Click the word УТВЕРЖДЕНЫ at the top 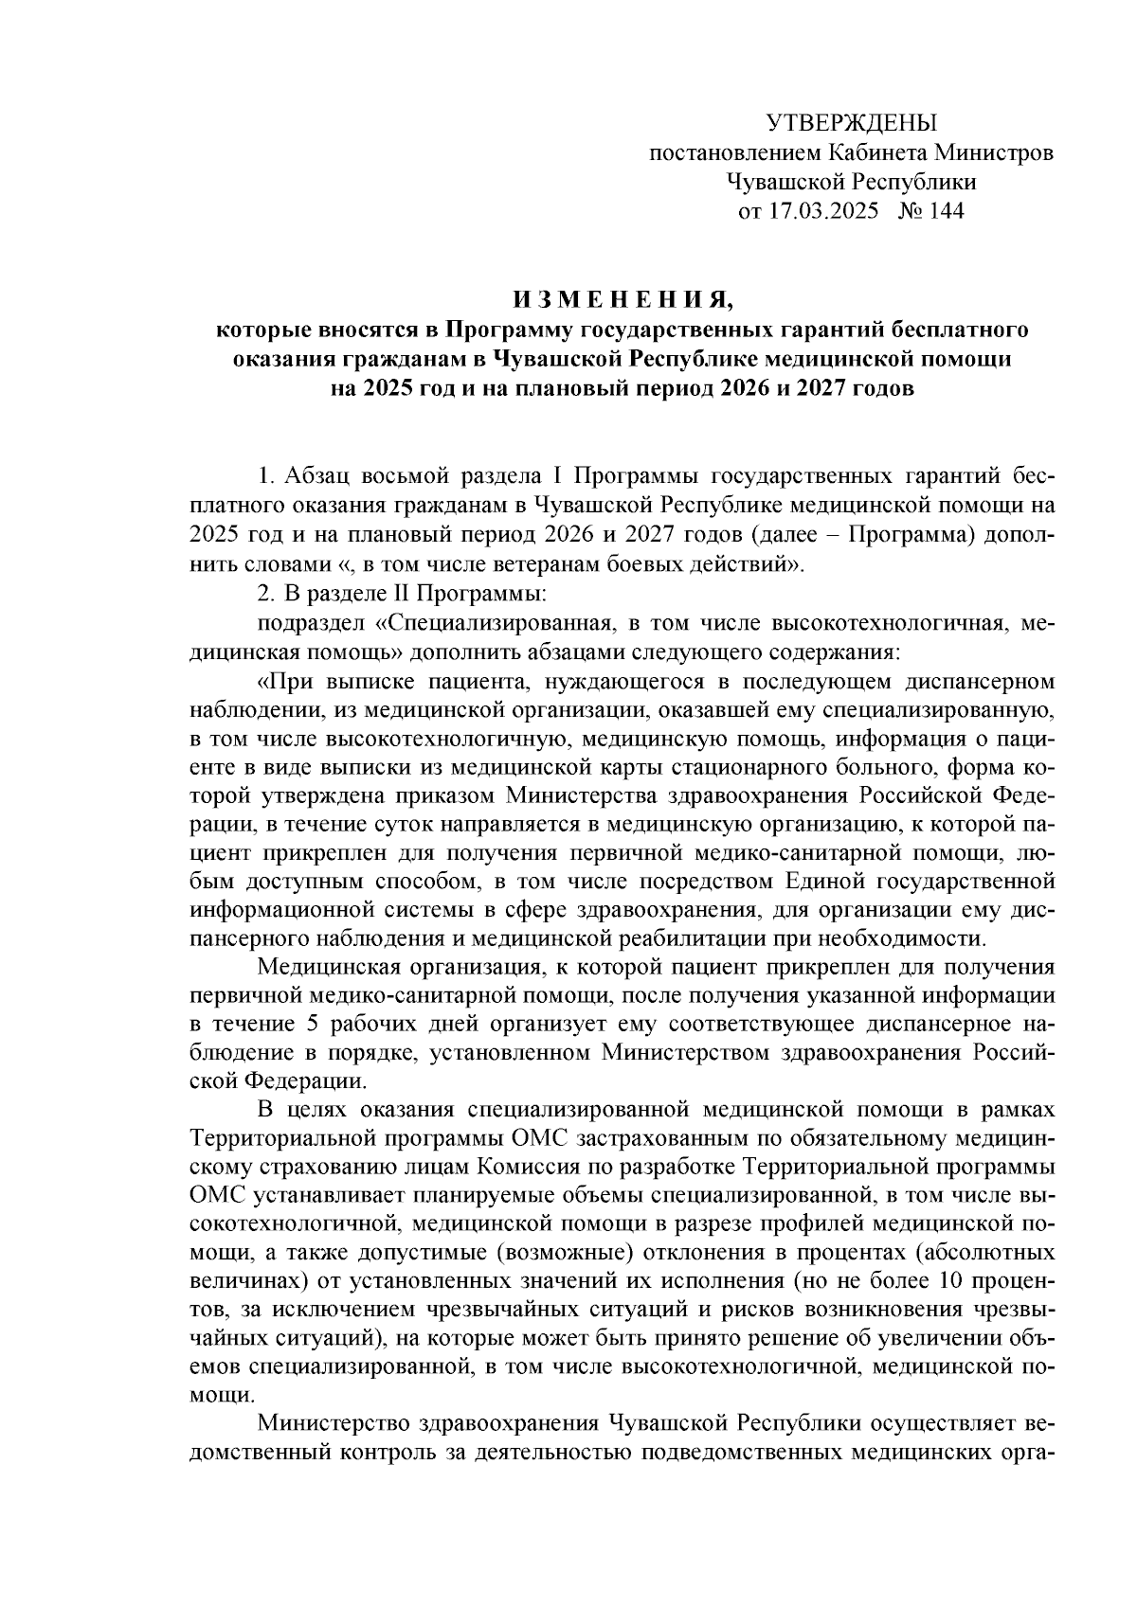tap(850, 122)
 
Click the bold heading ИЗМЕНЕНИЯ tap(623, 301)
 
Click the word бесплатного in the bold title tap(963, 330)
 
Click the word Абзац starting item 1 tap(312, 473)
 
